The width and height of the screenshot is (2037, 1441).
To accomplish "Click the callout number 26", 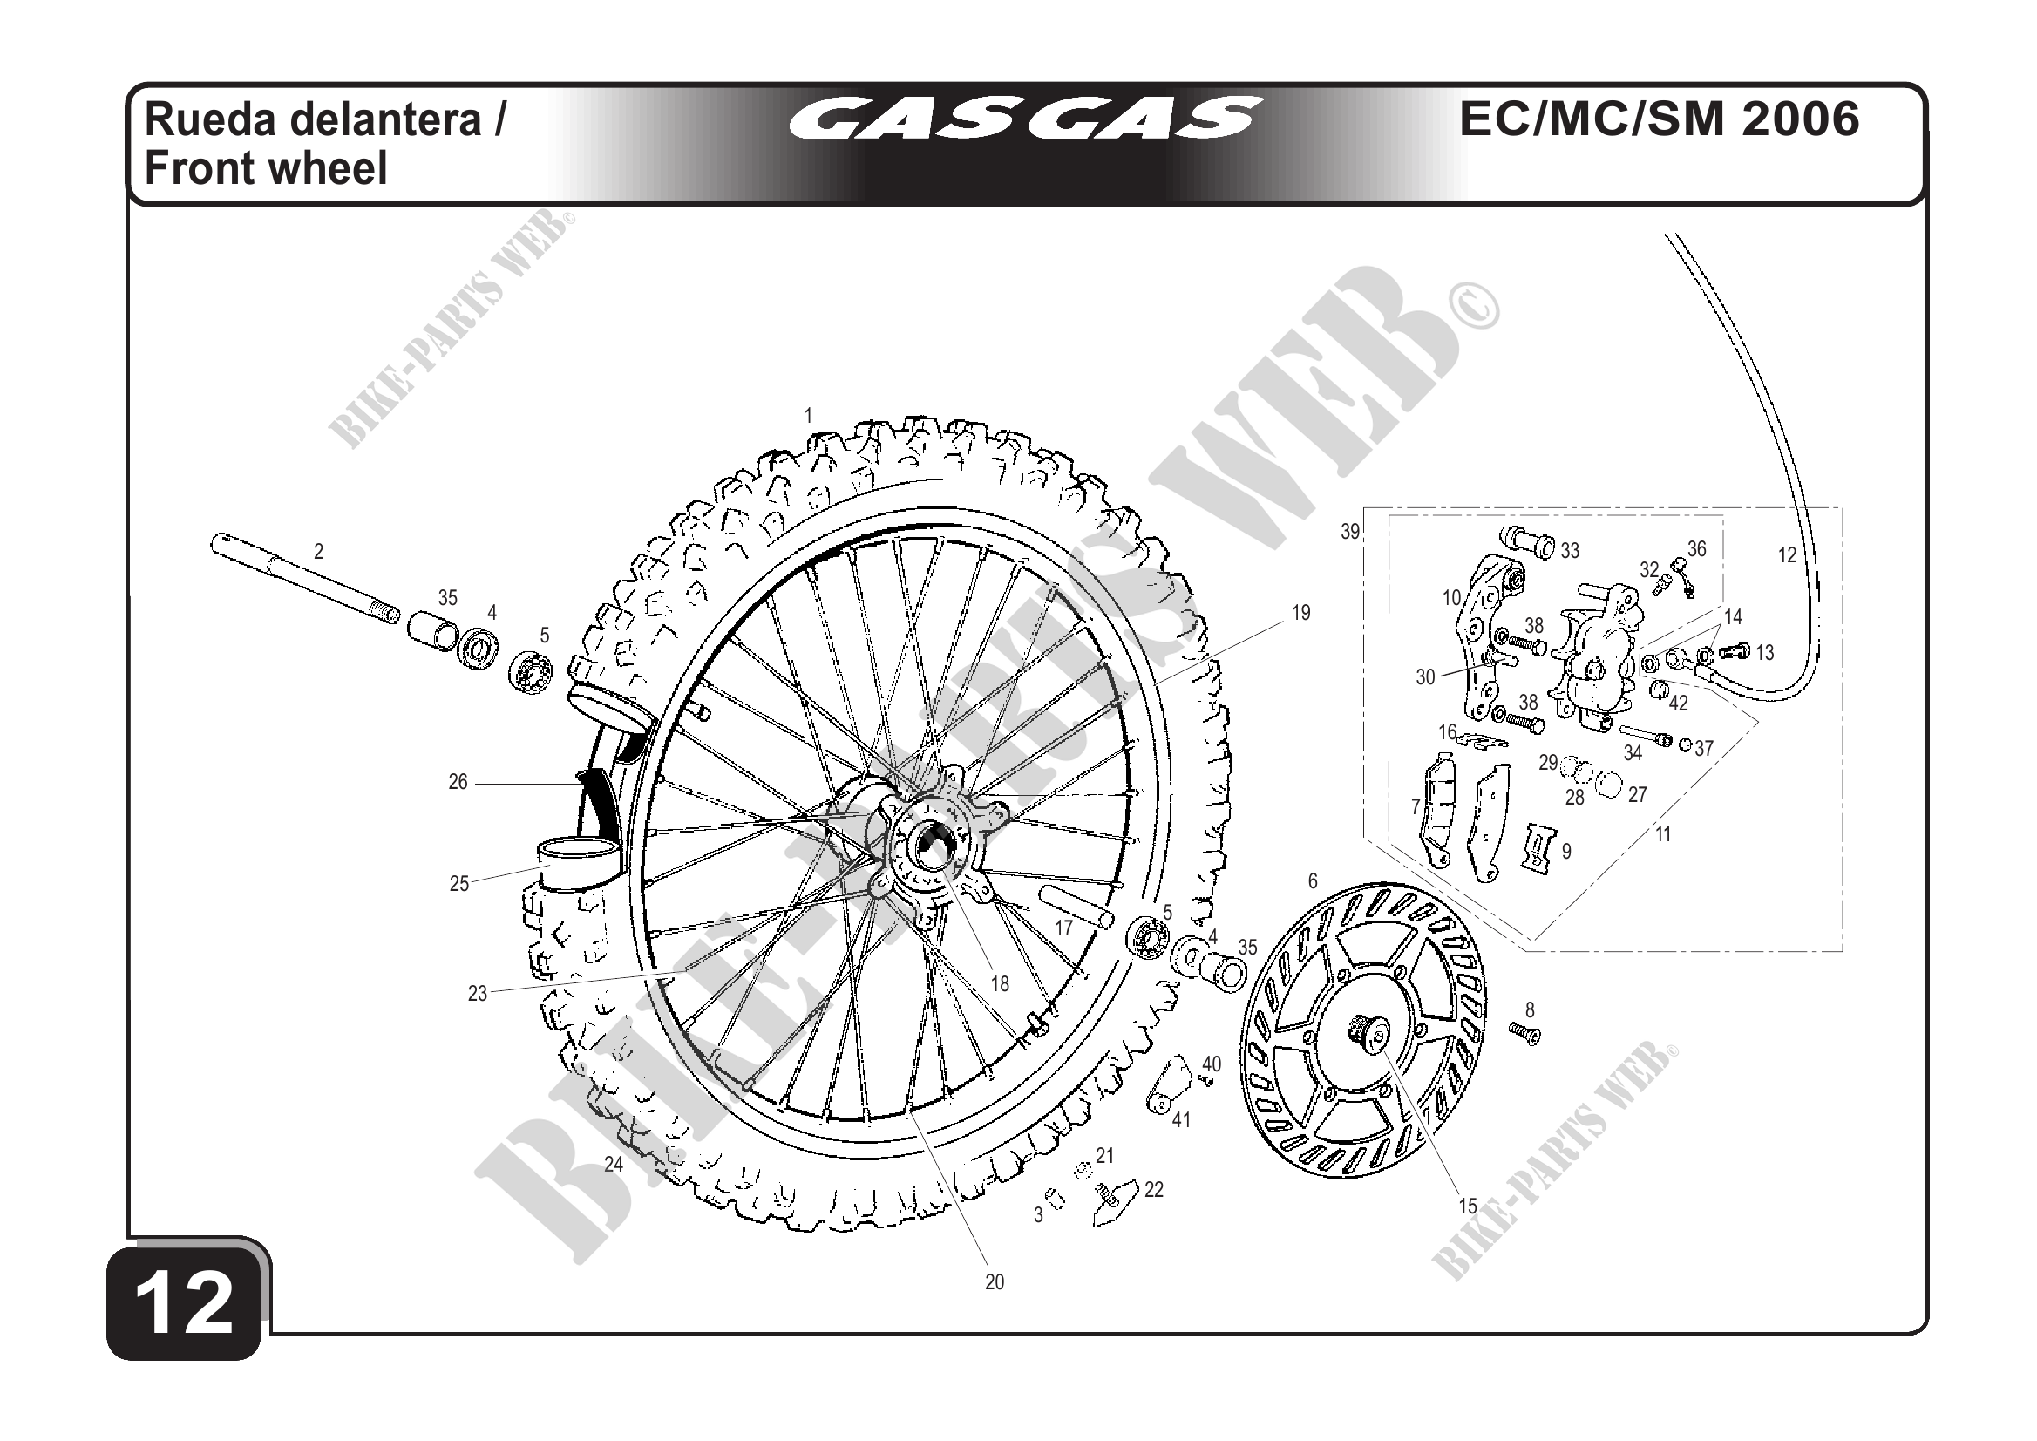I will click(x=458, y=782).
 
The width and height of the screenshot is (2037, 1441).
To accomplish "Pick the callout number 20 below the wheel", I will click(x=994, y=1281).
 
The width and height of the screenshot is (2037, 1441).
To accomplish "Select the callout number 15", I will click(x=1469, y=1206).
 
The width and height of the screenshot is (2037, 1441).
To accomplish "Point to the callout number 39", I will click(x=1349, y=532).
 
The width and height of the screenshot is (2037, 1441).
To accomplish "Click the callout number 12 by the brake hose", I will click(x=1787, y=555).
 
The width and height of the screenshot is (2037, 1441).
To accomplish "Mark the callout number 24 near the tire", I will click(x=614, y=1164).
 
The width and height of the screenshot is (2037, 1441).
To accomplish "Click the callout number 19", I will click(x=1300, y=612).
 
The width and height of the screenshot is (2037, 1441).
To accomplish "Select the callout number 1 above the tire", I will click(x=808, y=415).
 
